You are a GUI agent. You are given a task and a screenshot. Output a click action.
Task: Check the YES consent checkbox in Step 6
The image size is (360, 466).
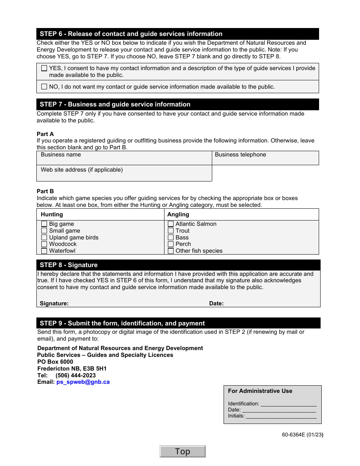click(44, 69)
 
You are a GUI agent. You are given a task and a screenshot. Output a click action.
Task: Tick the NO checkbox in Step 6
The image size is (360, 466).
click(44, 87)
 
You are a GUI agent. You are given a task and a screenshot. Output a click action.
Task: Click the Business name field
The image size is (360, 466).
click(124, 158)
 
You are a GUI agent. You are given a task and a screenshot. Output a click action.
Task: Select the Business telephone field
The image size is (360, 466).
click(265, 158)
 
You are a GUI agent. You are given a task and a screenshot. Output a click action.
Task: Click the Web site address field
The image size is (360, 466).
click(124, 174)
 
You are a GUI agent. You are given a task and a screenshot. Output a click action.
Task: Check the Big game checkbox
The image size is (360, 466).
click(44, 224)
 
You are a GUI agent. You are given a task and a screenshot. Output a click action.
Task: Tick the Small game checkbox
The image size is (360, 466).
click(44, 231)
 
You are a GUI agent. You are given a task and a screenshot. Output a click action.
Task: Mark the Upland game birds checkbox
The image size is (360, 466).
click(44, 238)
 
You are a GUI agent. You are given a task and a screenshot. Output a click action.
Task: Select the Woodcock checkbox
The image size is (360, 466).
click(44, 244)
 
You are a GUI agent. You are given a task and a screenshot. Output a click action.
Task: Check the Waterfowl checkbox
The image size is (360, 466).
click(44, 251)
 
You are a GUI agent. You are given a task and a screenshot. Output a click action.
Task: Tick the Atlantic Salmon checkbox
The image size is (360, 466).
click(171, 224)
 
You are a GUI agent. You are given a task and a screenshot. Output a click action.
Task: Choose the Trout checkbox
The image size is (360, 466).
click(171, 231)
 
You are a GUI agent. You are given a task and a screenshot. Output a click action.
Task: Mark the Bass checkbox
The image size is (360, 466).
click(171, 238)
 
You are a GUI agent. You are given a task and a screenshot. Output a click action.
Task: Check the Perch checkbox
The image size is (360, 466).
click(171, 244)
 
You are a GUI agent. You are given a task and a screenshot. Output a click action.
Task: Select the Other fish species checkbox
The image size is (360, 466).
click(171, 251)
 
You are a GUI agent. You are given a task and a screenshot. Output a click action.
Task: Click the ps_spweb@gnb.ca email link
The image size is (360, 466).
click(83, 382)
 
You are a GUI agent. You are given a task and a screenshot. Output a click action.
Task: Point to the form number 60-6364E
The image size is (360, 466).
click(302, 435)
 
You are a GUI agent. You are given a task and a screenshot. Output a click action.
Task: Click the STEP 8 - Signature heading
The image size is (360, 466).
click(69, 265)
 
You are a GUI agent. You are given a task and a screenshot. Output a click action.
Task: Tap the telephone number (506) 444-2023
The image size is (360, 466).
click(75, 375)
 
